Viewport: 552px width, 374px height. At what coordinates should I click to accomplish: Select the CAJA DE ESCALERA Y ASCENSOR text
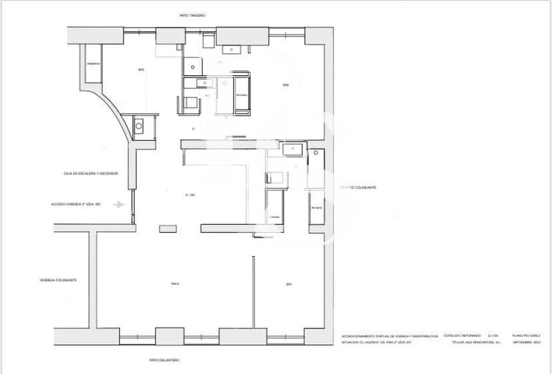click(x=89, y=173)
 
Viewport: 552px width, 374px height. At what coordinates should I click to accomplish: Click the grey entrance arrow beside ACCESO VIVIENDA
click(x=120, y=204)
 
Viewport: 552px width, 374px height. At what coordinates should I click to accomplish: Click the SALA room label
click(x=175, y=284)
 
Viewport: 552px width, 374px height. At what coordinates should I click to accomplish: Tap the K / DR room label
click(x=190, y=195)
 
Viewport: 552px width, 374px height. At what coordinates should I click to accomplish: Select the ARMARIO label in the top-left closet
click(x=93, y=64)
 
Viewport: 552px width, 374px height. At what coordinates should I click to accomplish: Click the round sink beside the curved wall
click(x=139, y=126)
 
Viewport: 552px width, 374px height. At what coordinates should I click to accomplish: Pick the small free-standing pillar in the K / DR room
click(x=167, y=228)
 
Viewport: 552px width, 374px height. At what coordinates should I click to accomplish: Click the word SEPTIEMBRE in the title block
click(x=526, y=342)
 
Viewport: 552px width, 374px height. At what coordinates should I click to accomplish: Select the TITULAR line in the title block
click(x=475, y=342)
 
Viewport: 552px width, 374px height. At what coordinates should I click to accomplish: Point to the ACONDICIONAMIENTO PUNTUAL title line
click(x=390, y=336)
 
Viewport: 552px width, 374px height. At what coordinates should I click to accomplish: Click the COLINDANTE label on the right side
click(x=357, y=188)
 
